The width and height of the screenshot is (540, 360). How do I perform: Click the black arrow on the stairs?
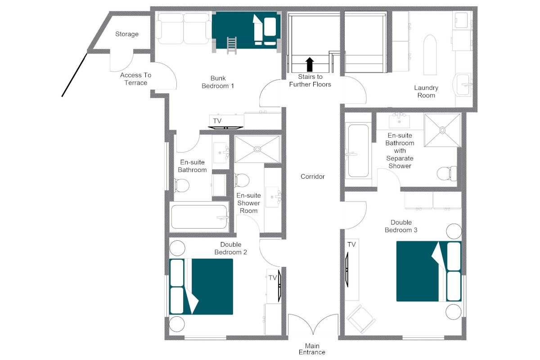tap(309, 64)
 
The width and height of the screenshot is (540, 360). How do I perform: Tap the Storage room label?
tap(127, 34)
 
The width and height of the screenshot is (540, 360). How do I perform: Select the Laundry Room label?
tap(426, 91)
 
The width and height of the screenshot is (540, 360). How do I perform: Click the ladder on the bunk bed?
tap(231, 45)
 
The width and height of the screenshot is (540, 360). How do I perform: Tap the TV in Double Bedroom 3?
tap(347, 269)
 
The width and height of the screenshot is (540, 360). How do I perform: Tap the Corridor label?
tap(313, 177)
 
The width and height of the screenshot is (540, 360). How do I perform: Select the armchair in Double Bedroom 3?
tap(361, 319)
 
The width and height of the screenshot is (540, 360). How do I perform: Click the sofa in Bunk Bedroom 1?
tap(183, 27)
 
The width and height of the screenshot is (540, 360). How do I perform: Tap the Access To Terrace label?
tap(136, 79)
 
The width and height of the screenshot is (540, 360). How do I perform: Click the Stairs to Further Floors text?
tap(310, 81)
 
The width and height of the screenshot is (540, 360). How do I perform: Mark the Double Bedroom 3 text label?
tap(404, 226)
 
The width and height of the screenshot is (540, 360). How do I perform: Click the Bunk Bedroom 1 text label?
tap(218, 82)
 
